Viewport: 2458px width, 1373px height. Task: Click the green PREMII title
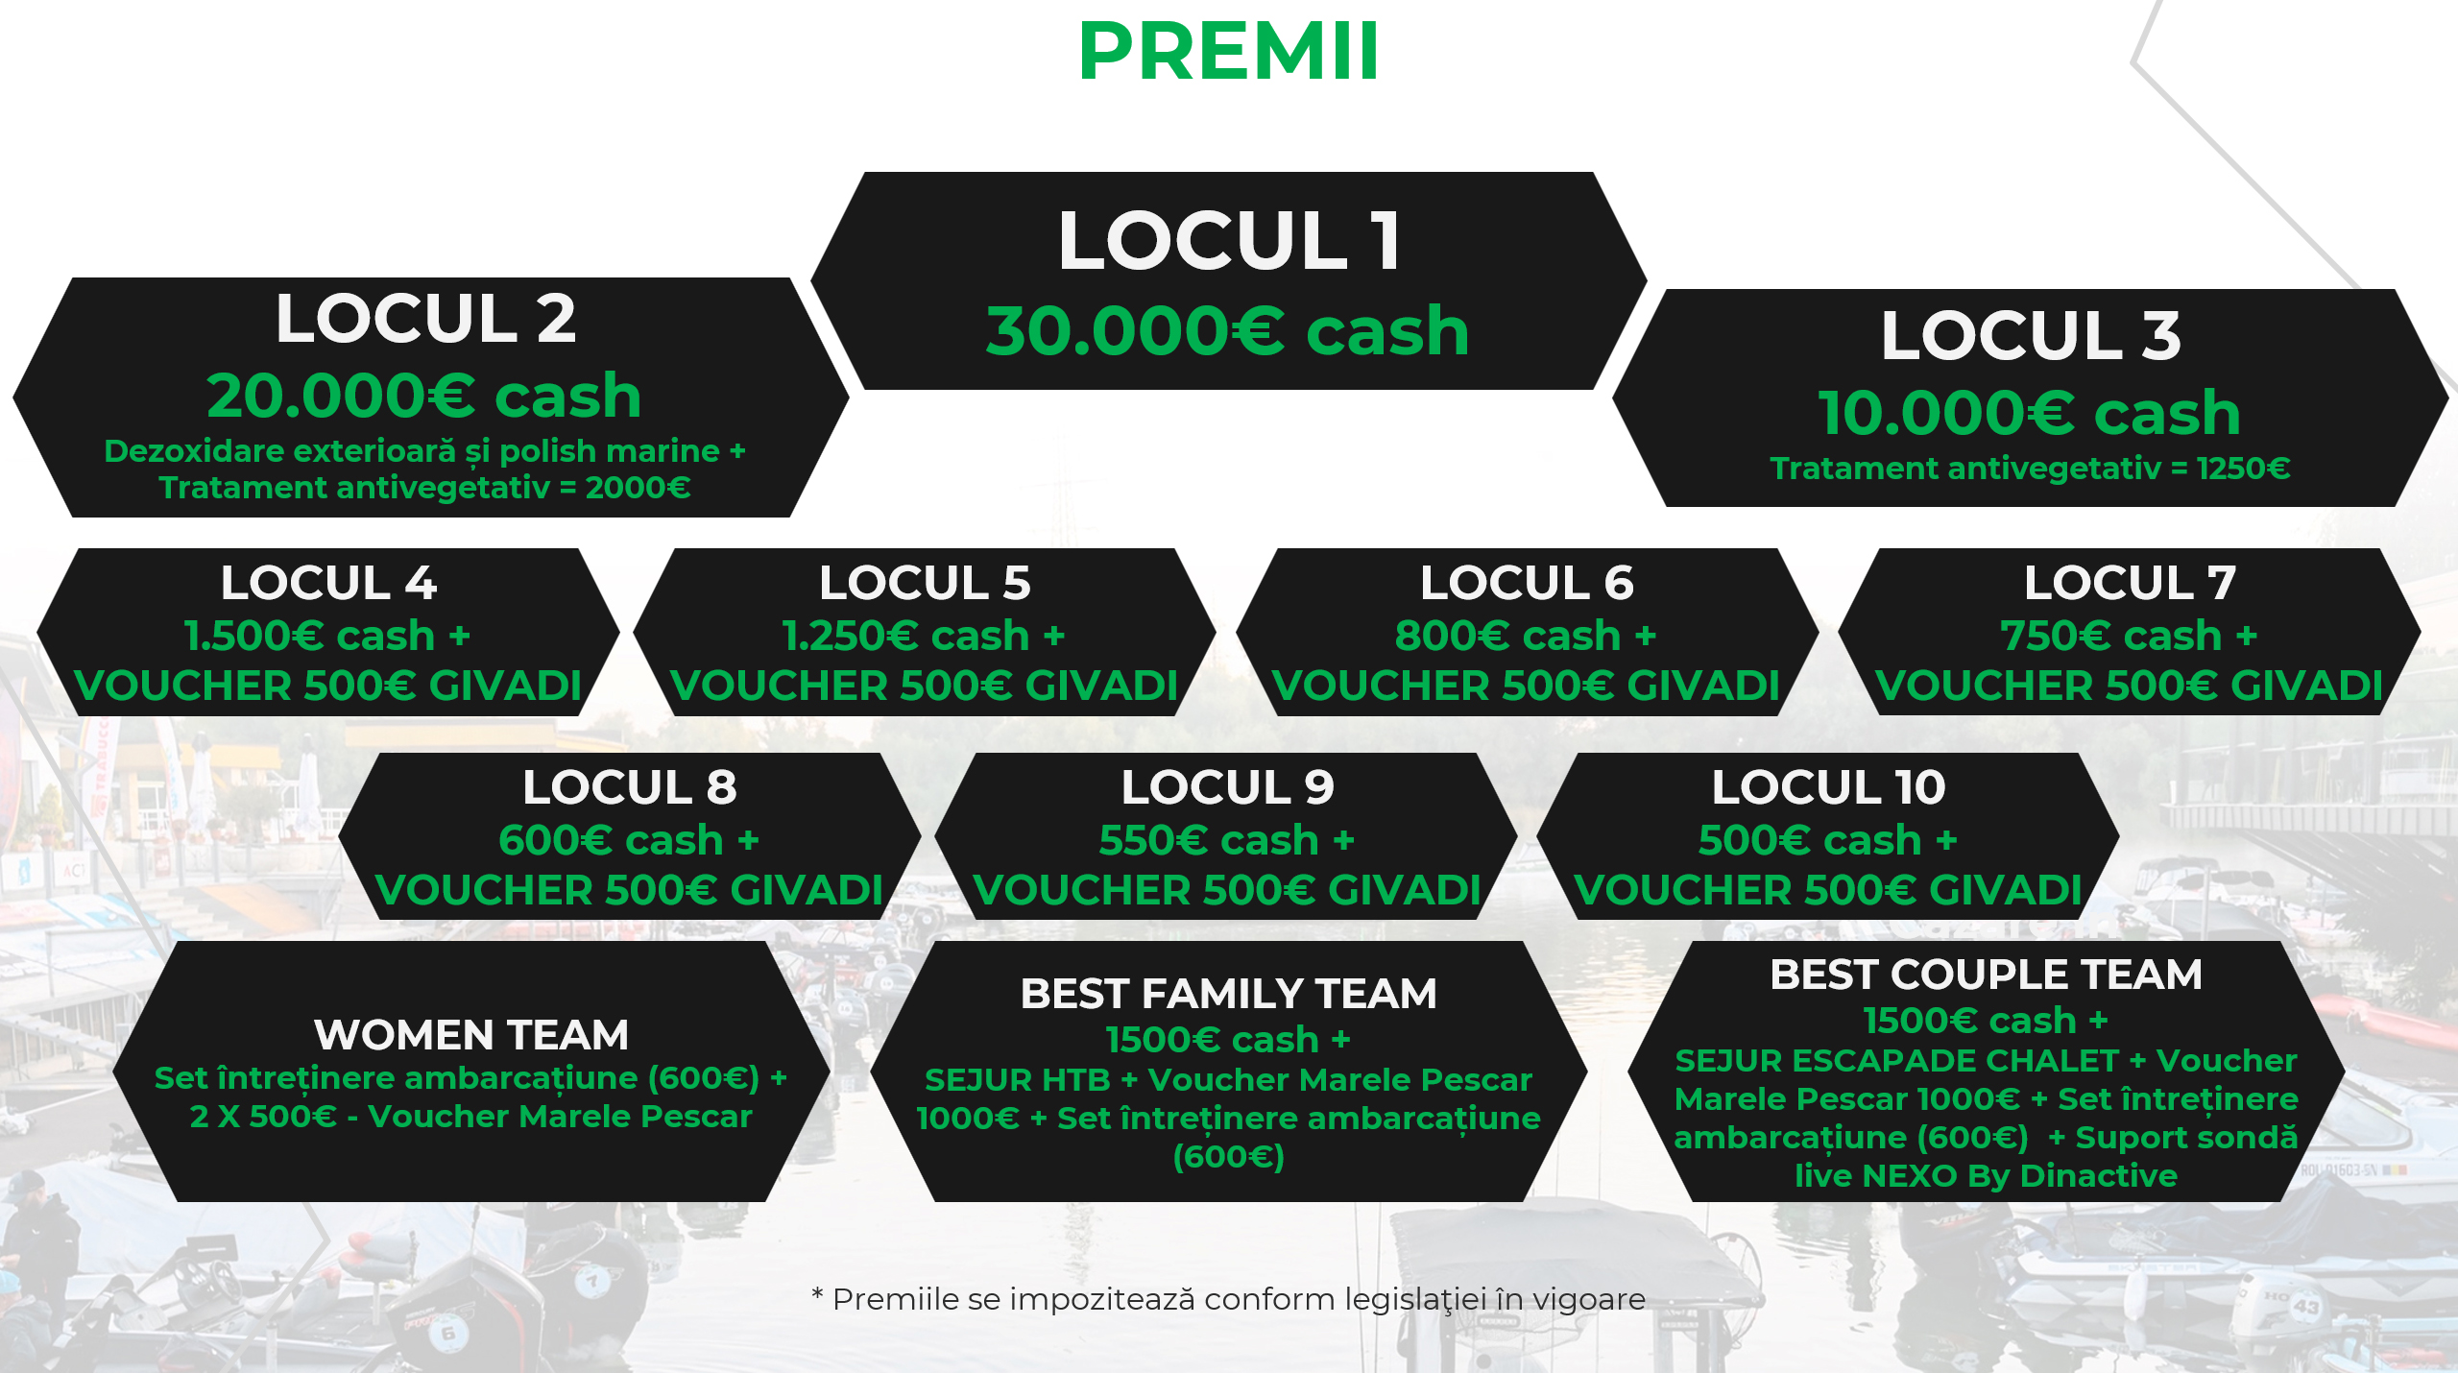click(x=1229, y=51)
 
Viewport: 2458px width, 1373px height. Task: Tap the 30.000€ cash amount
click(x=1228, y=331)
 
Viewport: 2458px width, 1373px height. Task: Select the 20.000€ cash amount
click(x=424, y=396)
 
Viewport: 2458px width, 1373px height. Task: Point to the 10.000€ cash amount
click(x=2030, y=413)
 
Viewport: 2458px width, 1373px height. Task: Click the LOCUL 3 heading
click(x=2031, y=335)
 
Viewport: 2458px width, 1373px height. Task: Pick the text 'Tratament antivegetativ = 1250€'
click(x=2031, y=469)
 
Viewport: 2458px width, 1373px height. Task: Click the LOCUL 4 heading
click(x=328, y=583)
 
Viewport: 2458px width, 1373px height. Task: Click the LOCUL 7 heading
click(x=2130, y=583)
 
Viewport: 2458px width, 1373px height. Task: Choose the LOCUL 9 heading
click(x=1227, y=787)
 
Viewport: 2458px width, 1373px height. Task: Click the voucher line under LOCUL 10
click(x=1828, y=890)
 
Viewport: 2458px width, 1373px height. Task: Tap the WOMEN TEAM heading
click(x=471, y=1035)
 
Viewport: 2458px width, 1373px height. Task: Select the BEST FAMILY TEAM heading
click(x=1228, y=994)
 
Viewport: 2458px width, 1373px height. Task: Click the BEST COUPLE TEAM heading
click(x=1986, y=975)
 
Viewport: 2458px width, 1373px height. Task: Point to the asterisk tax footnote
click(x=1228, y=1299)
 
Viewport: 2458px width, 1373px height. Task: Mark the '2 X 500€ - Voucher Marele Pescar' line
click(x=470, y=1117)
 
